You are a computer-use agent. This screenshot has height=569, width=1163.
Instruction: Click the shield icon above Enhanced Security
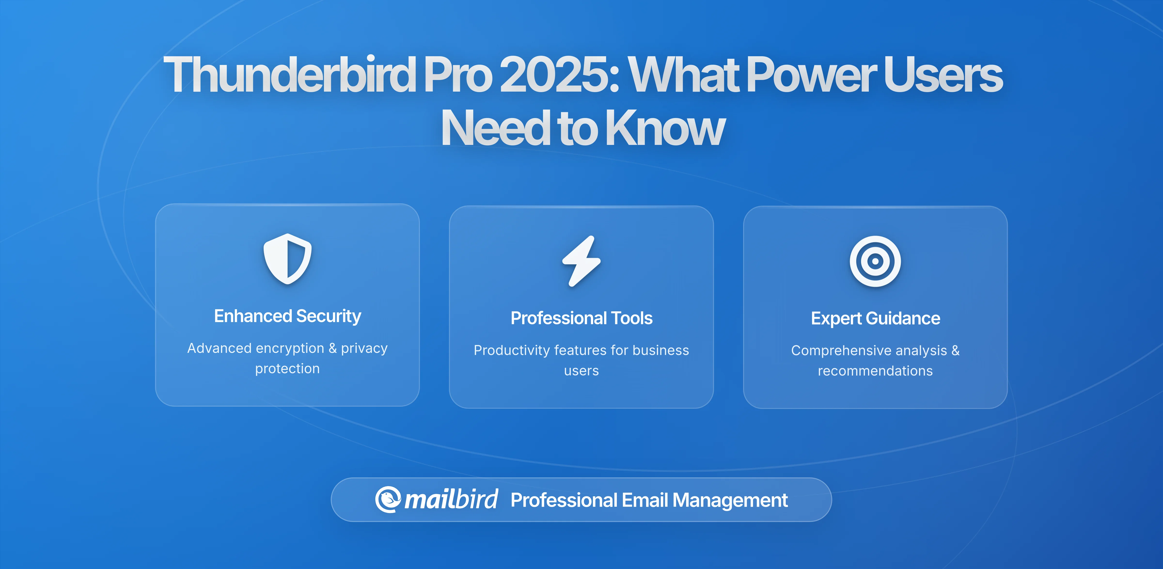[x=288, y=259]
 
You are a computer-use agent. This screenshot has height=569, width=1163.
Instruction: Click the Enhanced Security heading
[x=288, y=316]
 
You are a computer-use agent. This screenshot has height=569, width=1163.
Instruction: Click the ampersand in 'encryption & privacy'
[x=333, y=348]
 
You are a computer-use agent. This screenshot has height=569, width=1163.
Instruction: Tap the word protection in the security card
[x=288, y=369]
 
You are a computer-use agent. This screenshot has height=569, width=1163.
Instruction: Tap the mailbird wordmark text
[x=451, y=499]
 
